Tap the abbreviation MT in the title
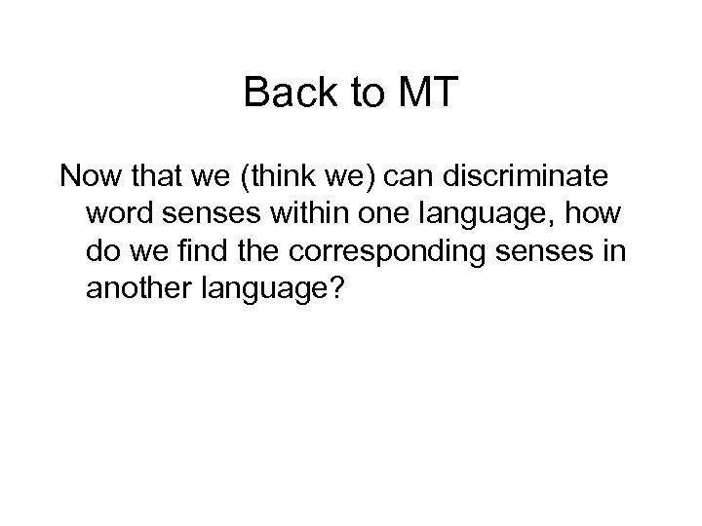pos(427,94)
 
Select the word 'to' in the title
pos(364,94)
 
